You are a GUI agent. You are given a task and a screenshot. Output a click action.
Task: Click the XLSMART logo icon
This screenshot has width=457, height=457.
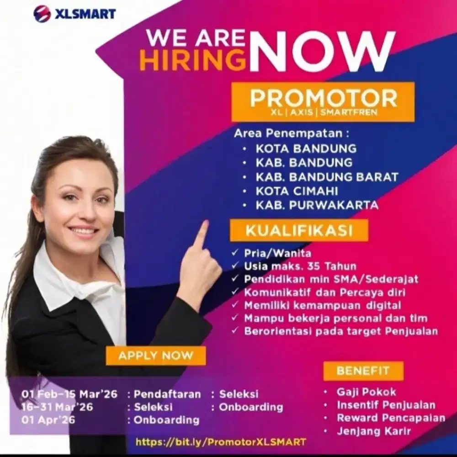click(x=42, y=13)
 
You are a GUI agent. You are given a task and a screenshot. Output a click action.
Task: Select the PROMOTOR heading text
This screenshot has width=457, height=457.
click(x=324, y=98)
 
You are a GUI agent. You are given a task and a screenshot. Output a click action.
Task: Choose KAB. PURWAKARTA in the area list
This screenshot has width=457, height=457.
click(x=317, y=205)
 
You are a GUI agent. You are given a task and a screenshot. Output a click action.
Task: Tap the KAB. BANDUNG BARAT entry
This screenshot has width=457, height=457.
click(x=327, y=176)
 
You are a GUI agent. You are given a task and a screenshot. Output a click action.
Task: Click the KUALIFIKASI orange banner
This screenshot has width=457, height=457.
click(x=299, y=231)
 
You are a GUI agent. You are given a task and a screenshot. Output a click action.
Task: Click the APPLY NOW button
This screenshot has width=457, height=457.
click(x=156, y=355)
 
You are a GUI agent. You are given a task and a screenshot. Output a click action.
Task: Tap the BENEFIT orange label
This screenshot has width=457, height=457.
click(x=363, y=371)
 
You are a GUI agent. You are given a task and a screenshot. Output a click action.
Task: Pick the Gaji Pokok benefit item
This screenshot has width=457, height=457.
click(x=366, y=392)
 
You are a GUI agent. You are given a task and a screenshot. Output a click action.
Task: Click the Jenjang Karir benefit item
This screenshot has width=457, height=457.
click(x=374, y=430)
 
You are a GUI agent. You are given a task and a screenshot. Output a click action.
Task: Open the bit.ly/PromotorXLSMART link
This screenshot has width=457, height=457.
click(x=221, y=442)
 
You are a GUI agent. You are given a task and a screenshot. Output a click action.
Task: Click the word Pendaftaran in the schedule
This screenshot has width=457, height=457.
click(x=167, y=394)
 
